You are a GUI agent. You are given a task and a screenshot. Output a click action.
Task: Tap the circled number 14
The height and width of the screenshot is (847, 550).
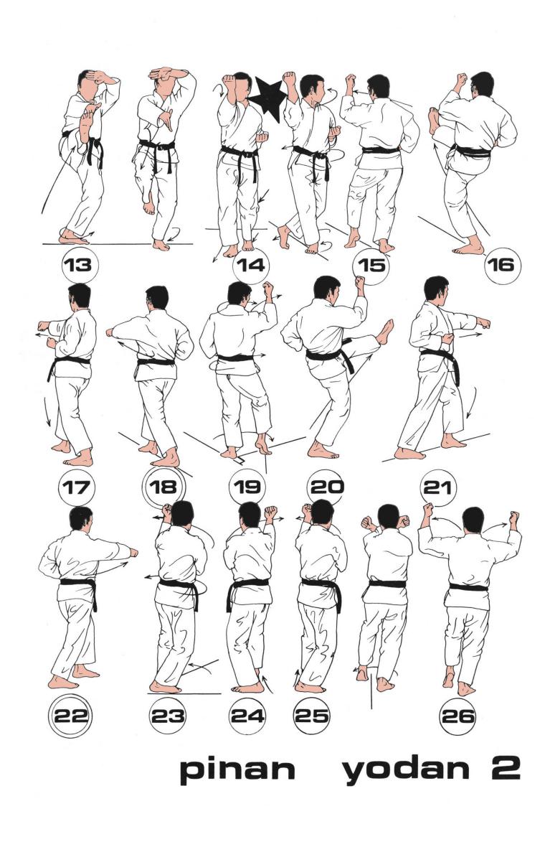coord(251,265)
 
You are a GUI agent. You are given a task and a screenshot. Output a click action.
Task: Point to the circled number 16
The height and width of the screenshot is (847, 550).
coord(500,265)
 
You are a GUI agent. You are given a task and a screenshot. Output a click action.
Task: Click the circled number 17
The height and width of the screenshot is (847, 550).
coord(75,487)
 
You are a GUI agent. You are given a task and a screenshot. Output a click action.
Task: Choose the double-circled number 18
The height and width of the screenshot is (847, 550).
coord(163,487)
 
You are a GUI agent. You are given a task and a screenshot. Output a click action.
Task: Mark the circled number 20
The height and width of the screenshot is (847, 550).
coord(326,487)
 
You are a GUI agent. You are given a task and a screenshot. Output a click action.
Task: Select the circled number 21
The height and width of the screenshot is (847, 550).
coord(437,487)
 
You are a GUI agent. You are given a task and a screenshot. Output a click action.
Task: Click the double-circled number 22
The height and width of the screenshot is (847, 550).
coord(72,716)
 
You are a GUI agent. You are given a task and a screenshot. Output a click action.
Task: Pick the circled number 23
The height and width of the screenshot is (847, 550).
coord(167,716)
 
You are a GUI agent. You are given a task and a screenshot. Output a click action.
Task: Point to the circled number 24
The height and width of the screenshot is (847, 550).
coord(247,716)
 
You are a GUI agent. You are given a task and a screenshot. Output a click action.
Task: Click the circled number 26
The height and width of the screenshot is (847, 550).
coord(458,716)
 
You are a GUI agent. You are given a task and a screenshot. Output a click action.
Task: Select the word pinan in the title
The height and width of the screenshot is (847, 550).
coord(237,769)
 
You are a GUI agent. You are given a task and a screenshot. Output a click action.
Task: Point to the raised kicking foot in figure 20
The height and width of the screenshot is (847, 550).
coord(385,331)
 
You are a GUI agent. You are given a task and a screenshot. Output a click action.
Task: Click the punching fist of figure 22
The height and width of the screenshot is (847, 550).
coord(133,553)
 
